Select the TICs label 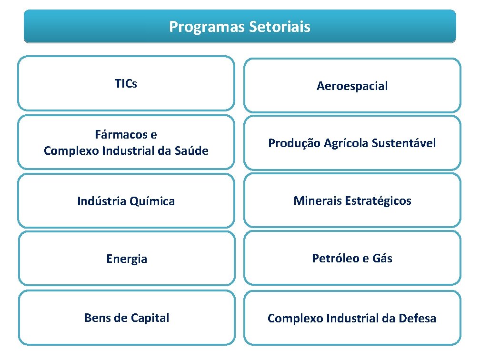coord(126,84)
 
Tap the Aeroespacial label coord(352,86)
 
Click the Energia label coord(126,260)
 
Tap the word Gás coord(382,258)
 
